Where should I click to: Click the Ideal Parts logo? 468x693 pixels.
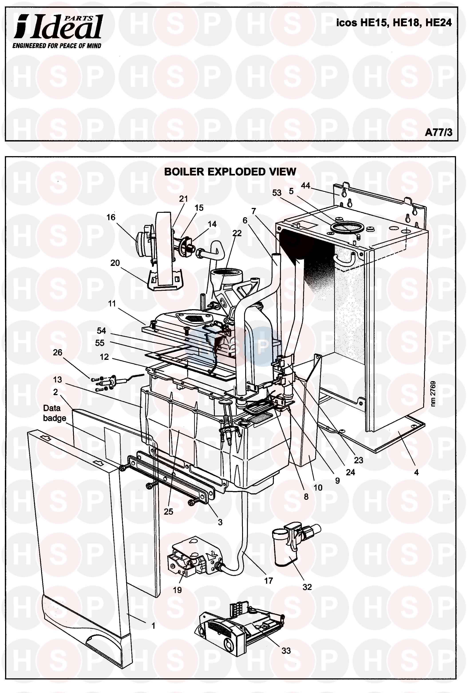[x=58, y=28]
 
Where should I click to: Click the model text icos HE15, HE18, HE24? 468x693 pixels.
[x=394, y=23]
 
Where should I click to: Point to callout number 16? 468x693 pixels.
[x=111, y=217]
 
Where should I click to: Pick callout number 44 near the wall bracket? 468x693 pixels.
[x=305, y=185]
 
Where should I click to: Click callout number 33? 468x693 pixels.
[x=286, y=650]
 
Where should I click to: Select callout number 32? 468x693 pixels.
[x=307, y=587]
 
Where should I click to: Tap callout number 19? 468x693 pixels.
[x=177, y=590]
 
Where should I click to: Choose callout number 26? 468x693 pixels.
[x=57, y=352]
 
